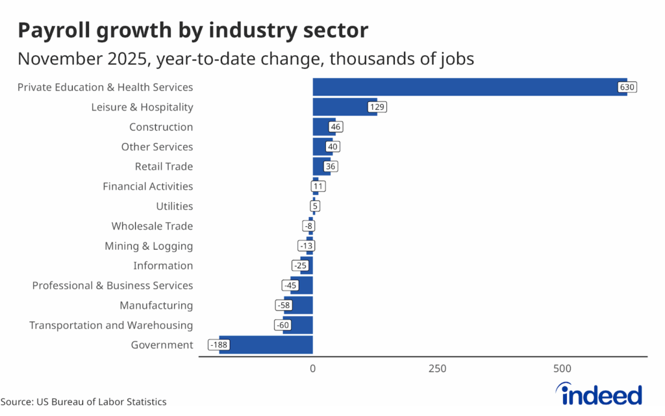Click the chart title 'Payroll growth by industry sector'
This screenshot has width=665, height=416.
tap(193, 30)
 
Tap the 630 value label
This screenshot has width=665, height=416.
tap(627, 87)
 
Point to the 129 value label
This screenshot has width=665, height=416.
tap(377, 107)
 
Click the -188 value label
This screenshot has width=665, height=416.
tap(219, 345)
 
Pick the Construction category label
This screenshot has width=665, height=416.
tap(160, 127)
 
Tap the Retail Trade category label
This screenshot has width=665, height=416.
tap(164, 166)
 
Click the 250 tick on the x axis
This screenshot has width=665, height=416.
tap(437, 369)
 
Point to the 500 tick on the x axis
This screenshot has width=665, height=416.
tap(562, 369)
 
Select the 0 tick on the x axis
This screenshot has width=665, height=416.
tap(313, 369)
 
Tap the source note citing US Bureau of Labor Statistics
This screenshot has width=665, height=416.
tap(83, 402)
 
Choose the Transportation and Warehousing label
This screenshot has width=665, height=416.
tap(111, 325)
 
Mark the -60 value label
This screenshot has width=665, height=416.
tap(283, 325)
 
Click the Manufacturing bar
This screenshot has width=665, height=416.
tap(299, 305)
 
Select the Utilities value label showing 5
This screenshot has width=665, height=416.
tap(315, 207)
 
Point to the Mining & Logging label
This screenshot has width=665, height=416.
tap(149, 246)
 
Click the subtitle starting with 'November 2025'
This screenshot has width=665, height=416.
tap(245, 58)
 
